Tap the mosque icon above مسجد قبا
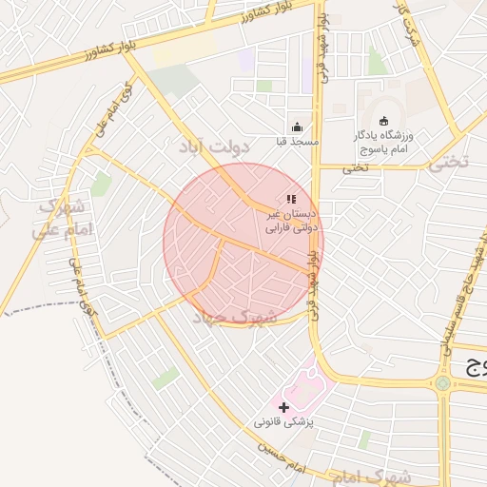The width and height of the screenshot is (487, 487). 296,127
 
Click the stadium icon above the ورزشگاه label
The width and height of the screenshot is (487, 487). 383,121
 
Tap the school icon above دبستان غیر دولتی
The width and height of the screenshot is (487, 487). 291,200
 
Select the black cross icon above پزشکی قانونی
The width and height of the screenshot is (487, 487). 283,406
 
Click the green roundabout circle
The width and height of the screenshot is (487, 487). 442,383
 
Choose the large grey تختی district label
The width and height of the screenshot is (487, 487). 448,161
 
